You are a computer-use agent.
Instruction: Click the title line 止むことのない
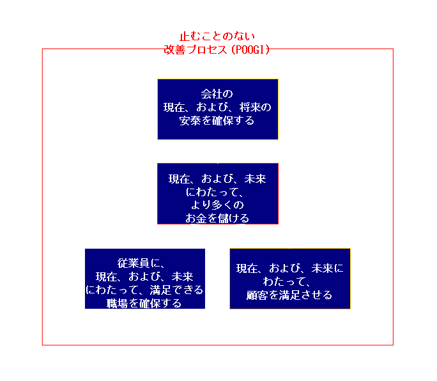[x=217, y=36]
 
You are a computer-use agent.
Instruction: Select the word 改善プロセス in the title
[x=192, y=49]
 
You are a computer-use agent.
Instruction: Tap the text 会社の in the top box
[x=217, y=94]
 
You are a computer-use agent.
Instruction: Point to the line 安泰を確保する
[x=217, y=120]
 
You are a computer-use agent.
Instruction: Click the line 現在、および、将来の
[x=217, y=107]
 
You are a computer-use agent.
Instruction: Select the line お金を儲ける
[x=217, y=217]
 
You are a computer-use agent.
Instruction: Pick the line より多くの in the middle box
[x=217, y=205]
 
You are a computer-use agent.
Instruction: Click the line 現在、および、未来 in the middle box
[x=217, y=179]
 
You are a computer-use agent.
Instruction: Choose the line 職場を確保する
[x=144, y=303]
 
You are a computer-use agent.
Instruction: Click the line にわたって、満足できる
[x=144, y=290]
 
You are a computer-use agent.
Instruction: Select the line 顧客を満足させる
[x=289, y=295]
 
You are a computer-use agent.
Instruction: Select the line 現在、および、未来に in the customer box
[x=289, y=268]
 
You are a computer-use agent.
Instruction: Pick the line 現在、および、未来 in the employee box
[x=144, y=276]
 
